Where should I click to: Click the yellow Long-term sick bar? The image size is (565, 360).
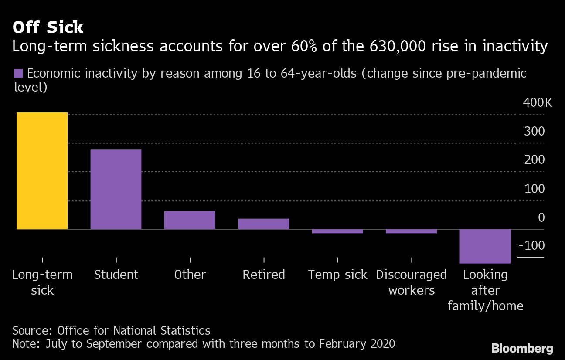click(x=42, y=171)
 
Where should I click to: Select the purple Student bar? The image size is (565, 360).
click(x=116, y=189)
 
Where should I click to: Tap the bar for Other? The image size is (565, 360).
click(x=190, y=220)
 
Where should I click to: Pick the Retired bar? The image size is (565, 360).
click(x=263, y=224)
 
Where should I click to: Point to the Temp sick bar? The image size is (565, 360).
click(x=337, y=231)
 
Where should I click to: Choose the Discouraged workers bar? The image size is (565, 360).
click(x=411, y=231)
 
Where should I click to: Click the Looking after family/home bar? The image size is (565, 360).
click(x=485, y=246)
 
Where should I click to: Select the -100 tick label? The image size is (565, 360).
click(x=532, y=245)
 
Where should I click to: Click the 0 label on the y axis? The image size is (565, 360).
click(x=541, y=217)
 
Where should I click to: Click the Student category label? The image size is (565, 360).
click(x=116, y=275)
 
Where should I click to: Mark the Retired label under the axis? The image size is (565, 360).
click(x=263, y=275)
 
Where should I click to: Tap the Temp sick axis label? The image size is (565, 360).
click(x=337, y=275)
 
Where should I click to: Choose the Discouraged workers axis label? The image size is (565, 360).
click(x=411, y=282)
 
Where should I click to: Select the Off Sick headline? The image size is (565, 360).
click(x=48, y=27)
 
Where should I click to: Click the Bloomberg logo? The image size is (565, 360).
click(x=522, y=348)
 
